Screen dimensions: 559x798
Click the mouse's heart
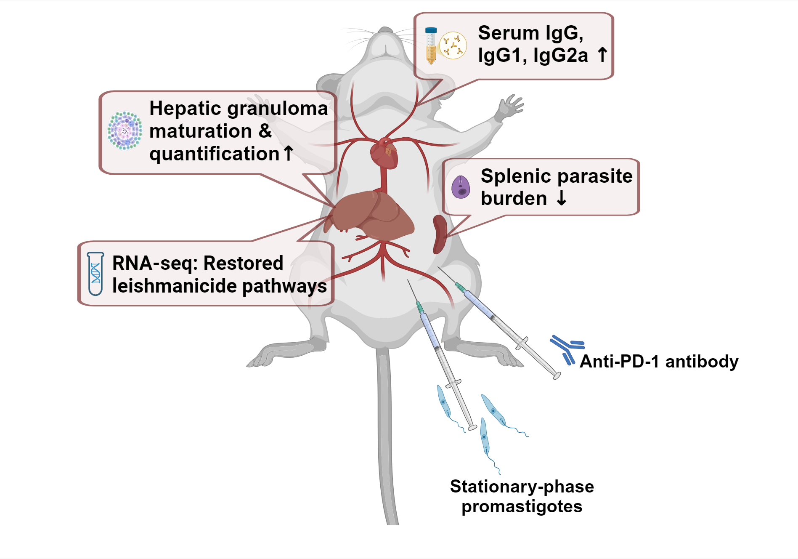384,154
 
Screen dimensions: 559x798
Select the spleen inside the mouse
440,234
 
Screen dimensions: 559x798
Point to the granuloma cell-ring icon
125,130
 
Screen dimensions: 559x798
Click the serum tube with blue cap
431,45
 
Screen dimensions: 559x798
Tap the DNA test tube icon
95,274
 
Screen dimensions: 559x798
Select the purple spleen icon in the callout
461,187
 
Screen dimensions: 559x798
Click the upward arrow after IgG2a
602,55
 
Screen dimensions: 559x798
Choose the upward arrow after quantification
288,153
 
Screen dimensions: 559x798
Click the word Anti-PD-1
619,362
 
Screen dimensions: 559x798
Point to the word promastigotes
522,507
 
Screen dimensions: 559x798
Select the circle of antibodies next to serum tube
453,45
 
